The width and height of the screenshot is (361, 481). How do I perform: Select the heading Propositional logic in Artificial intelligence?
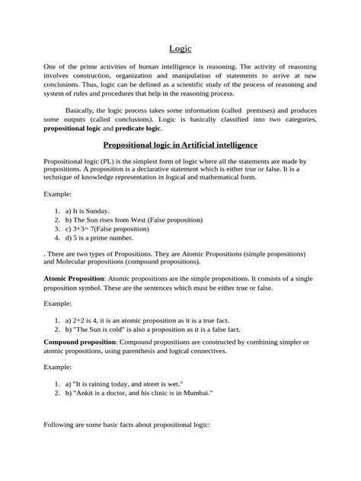click(180, 165)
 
